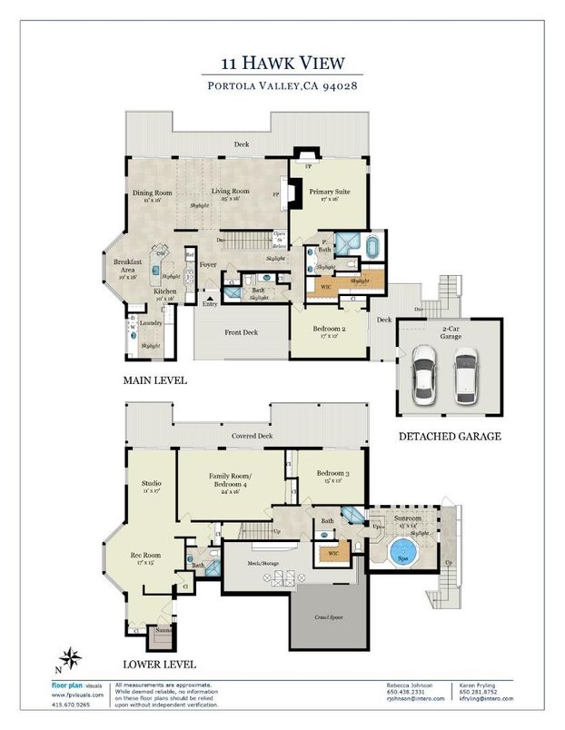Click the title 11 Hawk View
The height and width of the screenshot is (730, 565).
click(x=282, y=63)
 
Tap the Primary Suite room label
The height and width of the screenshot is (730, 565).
click(x=329, y=192)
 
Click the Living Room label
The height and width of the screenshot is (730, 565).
click(x=231, y=192)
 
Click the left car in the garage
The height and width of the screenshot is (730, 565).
click(x=424, y=374)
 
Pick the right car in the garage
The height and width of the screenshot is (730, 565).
click(x=465, y=374)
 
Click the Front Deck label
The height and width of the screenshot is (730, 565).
click(x=242, y=332)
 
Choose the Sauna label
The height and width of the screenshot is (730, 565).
click(x=164, y=628)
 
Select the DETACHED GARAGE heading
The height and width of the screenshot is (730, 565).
click(x=450, y=437)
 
